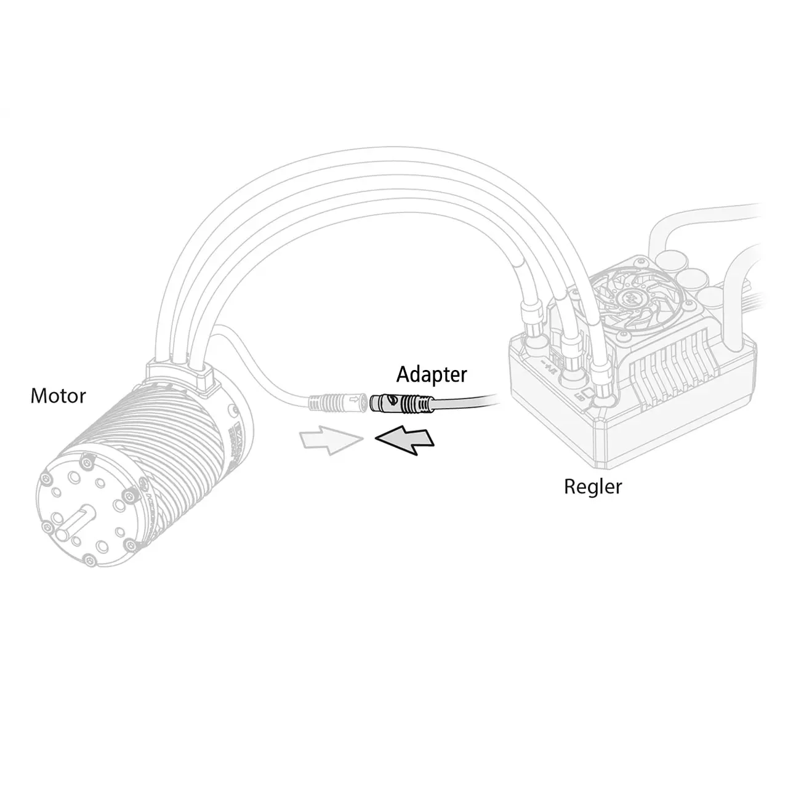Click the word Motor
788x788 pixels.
tap(58, 396)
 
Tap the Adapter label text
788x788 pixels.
tap(431, 374)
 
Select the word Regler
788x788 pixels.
tap(593, 487)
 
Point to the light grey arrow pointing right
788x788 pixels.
tap(329, 441)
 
